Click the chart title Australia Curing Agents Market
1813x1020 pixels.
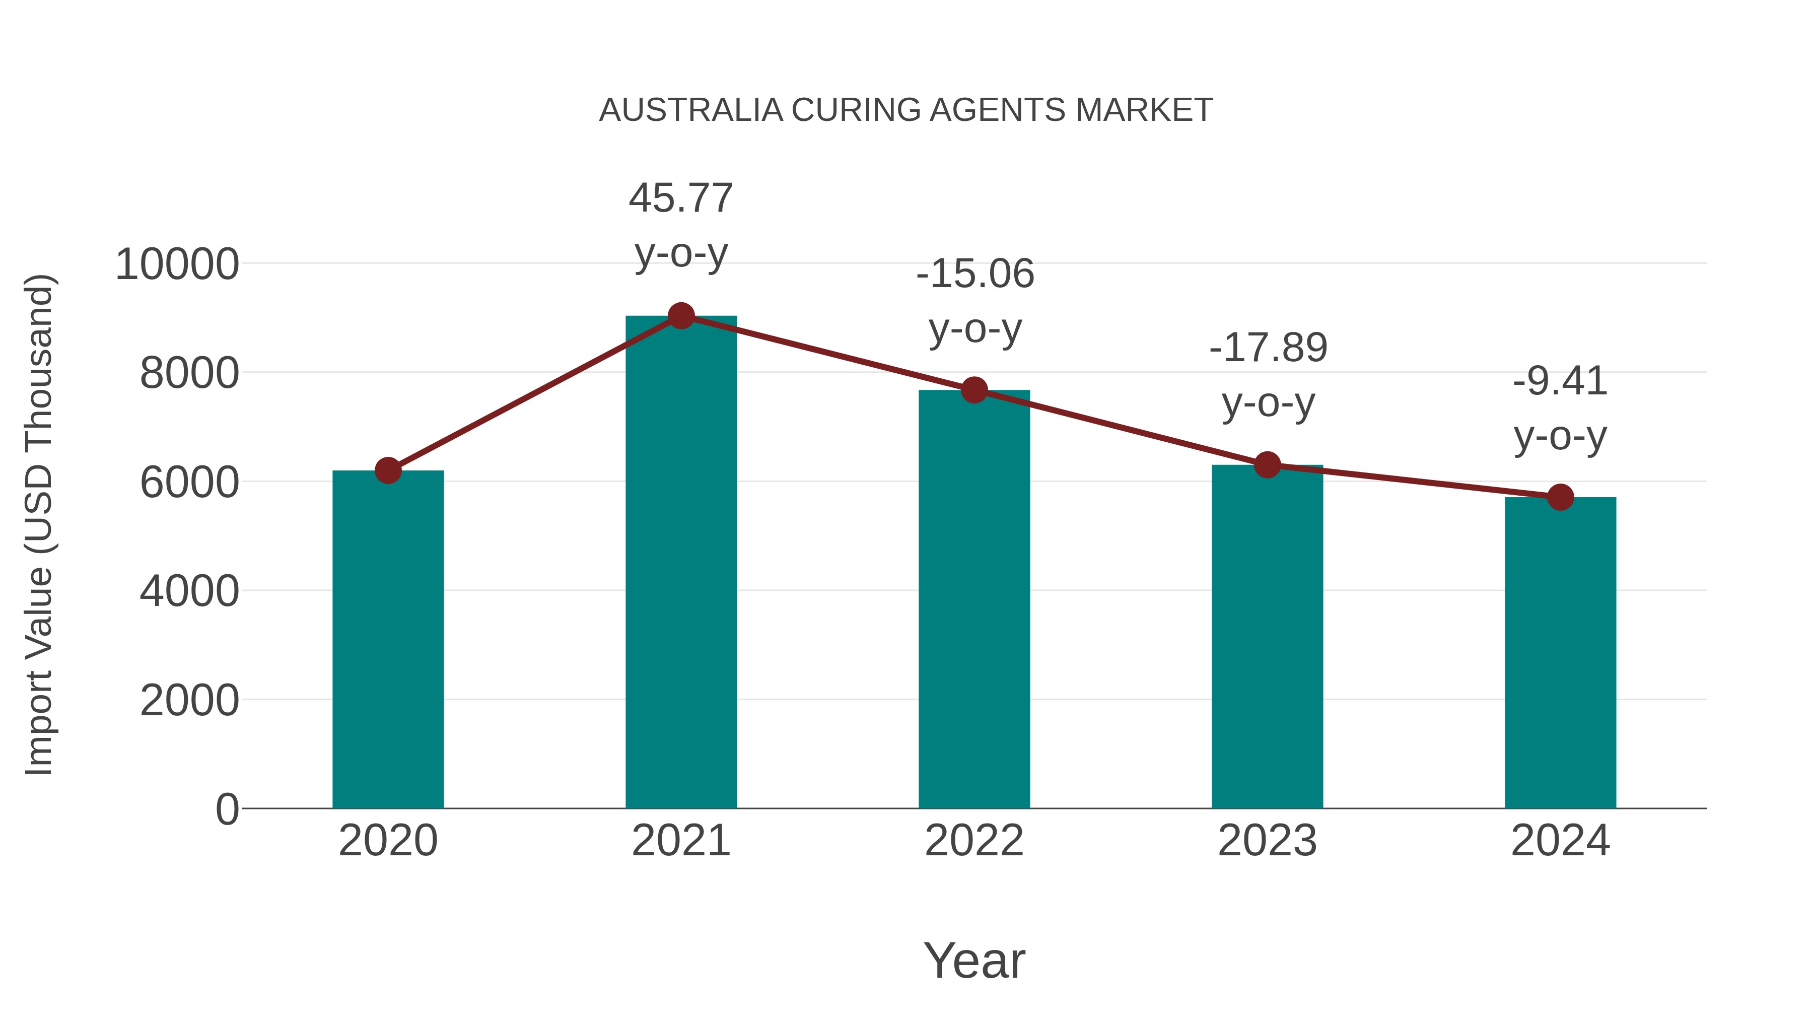point(906,110)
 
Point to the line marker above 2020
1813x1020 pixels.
point(388,470)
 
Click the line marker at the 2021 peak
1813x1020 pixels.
point(680,316)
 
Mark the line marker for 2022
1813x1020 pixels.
point(974,390)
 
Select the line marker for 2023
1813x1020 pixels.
point(1267,464)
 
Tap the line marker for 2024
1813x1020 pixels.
point(1560,498)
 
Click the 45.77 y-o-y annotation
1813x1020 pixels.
point(680,225)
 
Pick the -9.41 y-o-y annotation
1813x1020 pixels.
point(1560,409)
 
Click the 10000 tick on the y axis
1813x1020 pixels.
point(177,265)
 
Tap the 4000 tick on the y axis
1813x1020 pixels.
point(189,591)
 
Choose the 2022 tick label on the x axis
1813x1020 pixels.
point(974,841)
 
